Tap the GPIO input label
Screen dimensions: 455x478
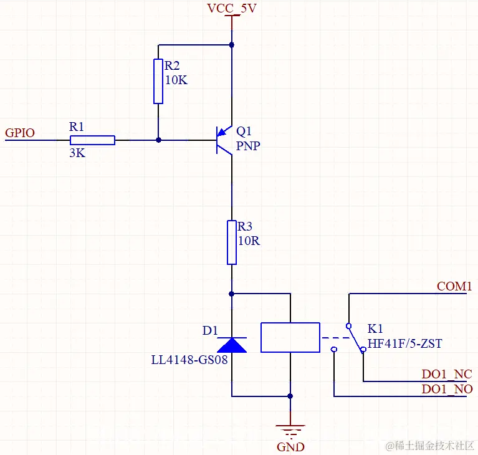click(20, 133)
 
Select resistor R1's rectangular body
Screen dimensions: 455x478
click(92, 140)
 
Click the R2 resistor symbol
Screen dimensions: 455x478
click(158, 81)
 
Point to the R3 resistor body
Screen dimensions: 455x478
click(232, 242)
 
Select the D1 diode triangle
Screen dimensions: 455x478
click(232, 345)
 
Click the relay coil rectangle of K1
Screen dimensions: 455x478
click(290, 338)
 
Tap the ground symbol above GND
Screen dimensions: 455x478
click(290, 429)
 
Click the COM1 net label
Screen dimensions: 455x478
click(454, 286)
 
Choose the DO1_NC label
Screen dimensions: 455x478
click(446, 375)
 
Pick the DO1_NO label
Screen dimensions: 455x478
click(447, 390)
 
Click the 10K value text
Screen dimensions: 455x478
click(176, 80)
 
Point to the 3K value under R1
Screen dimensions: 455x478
click(77, 153)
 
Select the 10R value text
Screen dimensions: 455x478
click(249, 241)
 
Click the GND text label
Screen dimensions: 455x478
click(290, 447)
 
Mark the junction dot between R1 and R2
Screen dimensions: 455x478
click(158, 140)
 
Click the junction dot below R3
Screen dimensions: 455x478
click(232, 293)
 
